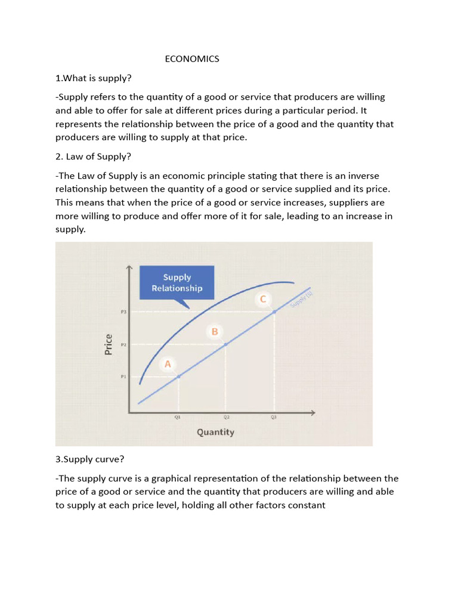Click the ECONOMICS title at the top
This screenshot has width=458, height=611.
(192, 58)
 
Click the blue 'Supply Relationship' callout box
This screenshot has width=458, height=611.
(177, 282)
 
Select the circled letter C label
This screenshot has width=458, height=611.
(264, 299)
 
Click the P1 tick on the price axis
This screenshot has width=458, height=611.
(123, 377)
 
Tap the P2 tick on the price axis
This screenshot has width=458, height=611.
(123, 344)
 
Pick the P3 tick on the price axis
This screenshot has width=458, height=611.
(123, 311)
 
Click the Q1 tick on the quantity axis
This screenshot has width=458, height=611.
(178, 418)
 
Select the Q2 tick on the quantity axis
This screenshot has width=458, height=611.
(226, 418)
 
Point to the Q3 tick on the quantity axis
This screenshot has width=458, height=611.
(274, 418)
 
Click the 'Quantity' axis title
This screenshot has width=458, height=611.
(215, 432)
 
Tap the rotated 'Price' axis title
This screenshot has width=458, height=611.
(109, 344)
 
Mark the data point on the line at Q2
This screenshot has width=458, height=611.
(225, 344)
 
